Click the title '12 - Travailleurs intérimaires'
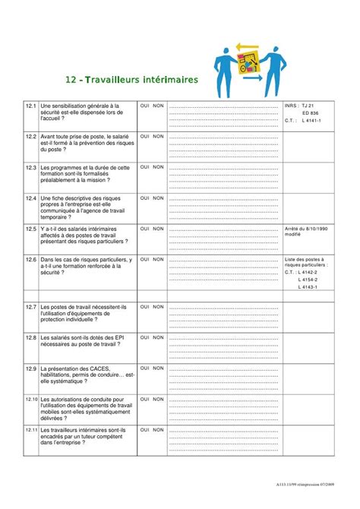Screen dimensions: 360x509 [x=131, y=79]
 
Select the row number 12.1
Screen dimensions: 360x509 [x=31, y=106]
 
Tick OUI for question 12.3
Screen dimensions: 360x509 [x=145, y=167]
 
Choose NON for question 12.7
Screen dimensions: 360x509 [x=158, y=307]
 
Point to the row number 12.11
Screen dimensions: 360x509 [x=31, y=430]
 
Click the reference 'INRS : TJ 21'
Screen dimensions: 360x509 [x=298, y=106]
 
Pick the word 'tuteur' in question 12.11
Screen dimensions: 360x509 [x=87, y=436]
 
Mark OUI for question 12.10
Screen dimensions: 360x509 [x=145, y=398]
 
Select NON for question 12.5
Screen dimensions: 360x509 [x=158, y=228]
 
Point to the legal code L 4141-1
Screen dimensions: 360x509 [x=311, y=120]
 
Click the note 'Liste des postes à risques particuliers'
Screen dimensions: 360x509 [x=305, y=262]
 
